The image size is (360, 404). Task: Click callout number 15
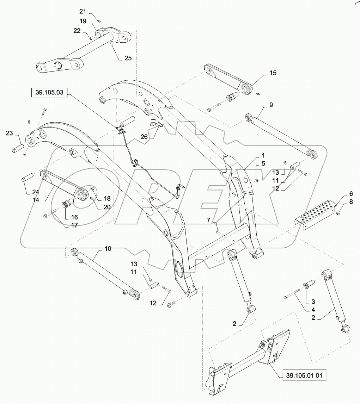click(x=273, y=73)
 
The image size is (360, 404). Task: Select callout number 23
click(x=10, y=133)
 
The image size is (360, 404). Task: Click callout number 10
click(x=108, y=249)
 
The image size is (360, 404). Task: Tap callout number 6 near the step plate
click(x=341, y=194)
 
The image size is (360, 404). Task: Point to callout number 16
click(x=75, y=217)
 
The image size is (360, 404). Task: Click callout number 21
click(x=92, y=11)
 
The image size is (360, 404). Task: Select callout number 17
click(x=75, y=225)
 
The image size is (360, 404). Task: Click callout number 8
click(x=341, y=202)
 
